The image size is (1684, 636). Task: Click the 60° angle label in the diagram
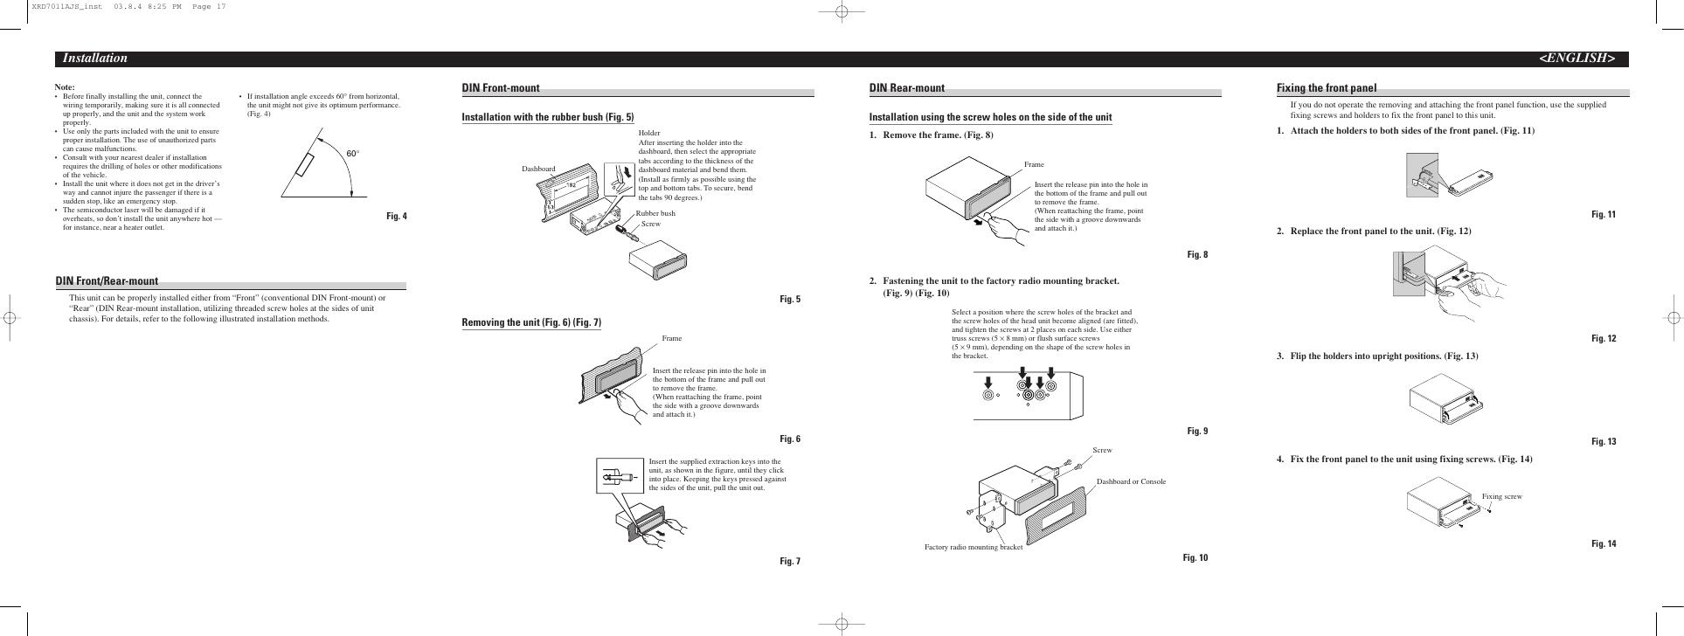(x=353, y=154)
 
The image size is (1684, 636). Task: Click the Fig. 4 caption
(x=396, y=217)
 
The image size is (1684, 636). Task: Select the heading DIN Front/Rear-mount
(x=107, y=281)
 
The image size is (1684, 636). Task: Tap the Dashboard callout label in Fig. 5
(x=538, y=169)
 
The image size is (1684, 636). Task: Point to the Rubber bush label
(x=655, y=213)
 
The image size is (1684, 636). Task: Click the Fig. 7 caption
(x=789, y=561)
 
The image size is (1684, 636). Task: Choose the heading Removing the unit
(x=531, y=323)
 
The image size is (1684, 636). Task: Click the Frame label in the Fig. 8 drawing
(x=1034, y=164)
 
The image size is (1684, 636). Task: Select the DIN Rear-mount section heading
(x=906, y=88)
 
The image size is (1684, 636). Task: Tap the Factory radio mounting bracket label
(x=973, y=548)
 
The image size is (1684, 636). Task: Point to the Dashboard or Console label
(x=1131, y=481)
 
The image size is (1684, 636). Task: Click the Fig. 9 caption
(x=1196, y=432)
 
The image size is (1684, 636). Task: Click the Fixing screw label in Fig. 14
(x=1501, y=496)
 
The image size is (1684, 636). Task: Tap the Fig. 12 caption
(x=1604, y=339)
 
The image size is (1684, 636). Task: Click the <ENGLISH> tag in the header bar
(x=1576, y=59)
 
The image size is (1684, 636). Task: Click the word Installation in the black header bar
(x=94, y=59)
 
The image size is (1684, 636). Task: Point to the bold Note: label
(x=65, y=87)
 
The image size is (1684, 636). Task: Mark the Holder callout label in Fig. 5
(x=649, y=133)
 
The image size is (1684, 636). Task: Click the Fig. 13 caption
(x=1604, y=442)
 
